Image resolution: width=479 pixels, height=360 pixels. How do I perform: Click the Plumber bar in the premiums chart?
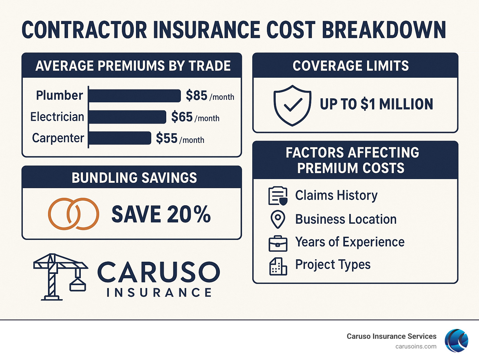pyautogui.click(x=135, y=96)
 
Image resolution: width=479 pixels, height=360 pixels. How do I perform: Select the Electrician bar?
pyautogui.click(x=127, y=117)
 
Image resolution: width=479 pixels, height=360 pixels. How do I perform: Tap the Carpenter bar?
pyautogui.click(x=120, y=138)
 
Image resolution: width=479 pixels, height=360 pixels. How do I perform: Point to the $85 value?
pyautogui.click(x=196, y=95)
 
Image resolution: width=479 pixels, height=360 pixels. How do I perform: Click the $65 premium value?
pyautogui.click(x=182, y=117)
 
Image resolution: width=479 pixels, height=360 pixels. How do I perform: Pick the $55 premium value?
pyautogui.click(x=167, y=138)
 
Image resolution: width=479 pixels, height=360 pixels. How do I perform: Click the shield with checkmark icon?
pyautogui.click(x=292, y=105)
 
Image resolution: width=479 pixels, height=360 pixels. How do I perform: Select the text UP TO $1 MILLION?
pyautogui.click(x=376, y=104)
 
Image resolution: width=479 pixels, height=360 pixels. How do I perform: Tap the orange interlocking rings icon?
pyautogui.click(x=74, y=214)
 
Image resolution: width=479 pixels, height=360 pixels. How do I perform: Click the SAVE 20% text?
pyautogui.click(x=161, y=215)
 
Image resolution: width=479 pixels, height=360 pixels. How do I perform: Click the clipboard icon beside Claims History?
pyautogui.click(x=278, y=196)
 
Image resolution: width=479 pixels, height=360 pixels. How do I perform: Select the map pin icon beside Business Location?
pyautogui.click(x=278, y=219)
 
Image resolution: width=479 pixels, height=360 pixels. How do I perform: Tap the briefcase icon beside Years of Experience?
pyautogui.click(x=278, y=243)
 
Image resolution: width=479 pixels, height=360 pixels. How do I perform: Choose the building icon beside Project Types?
pyautogui.click(x=278, y=266)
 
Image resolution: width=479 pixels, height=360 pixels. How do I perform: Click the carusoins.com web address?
pyautogui.click(x=416, y=347)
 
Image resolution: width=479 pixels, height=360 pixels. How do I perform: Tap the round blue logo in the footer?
pyautogui.click(x=456, y=341)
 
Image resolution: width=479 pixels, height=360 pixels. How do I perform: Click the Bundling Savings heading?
pyautogui.click(x=134, y=178)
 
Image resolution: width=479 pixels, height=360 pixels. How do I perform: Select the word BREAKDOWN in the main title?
pyautogui.click(x=384, y=30)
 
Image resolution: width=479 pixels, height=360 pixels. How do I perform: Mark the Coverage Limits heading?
pyautogui.click(x=351, y=66)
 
